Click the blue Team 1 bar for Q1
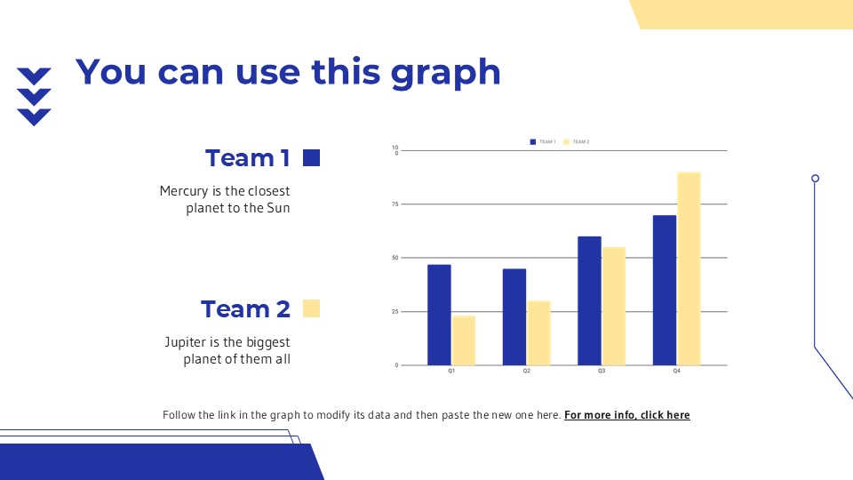[439, 315]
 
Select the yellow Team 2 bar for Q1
[464, 340]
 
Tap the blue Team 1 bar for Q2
[514, 316]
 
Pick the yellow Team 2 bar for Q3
[614, 306]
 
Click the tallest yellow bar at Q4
[689, 268]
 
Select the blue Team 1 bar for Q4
[664, 290]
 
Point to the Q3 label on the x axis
[602, 371]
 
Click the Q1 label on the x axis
[451, 371]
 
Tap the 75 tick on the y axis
[395, 204]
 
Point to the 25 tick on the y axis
[395, 312]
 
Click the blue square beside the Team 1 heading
[311, 158]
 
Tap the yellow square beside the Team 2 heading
[311, 308]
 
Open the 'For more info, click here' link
[626, 415]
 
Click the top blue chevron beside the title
[34, 76]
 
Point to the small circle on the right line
[815, 179]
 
